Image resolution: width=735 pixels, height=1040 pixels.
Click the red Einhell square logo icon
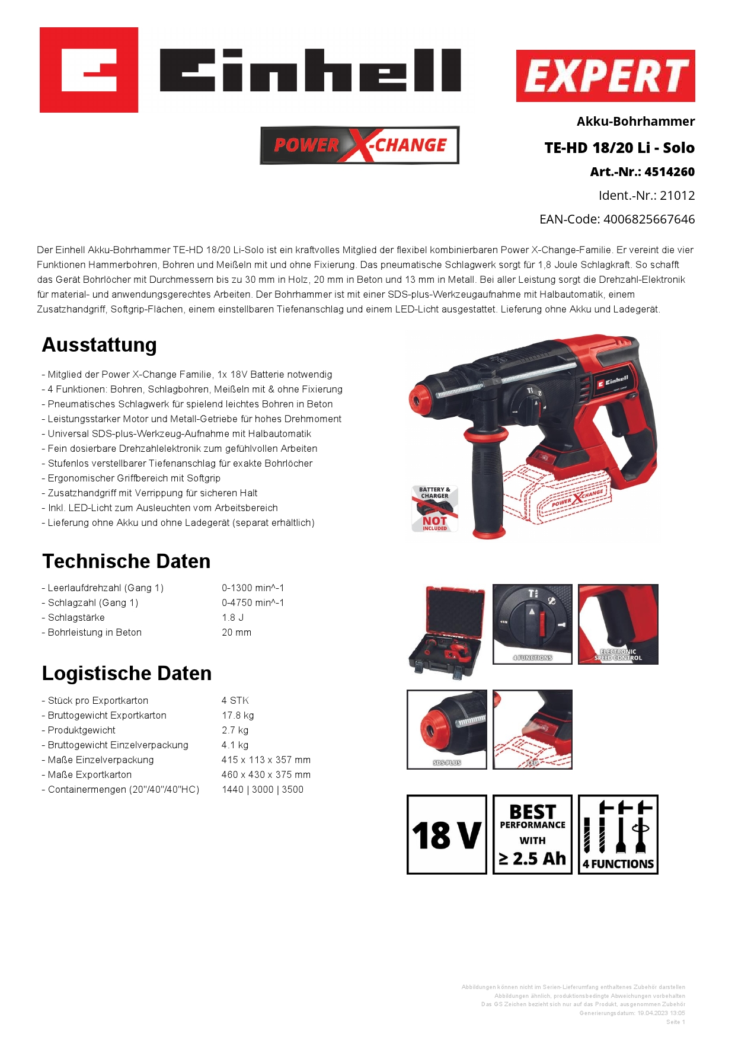pyautogui.click(x=89, y=70)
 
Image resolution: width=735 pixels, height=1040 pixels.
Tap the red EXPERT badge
pyautogui.click(x=605, y=76)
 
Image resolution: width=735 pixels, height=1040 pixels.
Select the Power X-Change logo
pyautogui.click(x=359, y=145)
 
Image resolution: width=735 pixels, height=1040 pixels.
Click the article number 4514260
pyautogui.click(x=669, y=172)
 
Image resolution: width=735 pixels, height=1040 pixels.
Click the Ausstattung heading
pyautogui.click(x=100, y=345)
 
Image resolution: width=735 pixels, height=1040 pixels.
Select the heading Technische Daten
pyautogui.click(x=126, y=561)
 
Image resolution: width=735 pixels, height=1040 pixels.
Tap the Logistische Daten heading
pyautogui.click(x=127, y=674)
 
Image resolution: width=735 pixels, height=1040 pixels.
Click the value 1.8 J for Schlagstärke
pyautogui.click(x=233, y=618)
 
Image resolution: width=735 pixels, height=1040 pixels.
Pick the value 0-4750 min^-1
pyautogui.click(x=253, y=603)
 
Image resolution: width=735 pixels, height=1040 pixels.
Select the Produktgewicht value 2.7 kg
pyautogui.click(x=235, y=730)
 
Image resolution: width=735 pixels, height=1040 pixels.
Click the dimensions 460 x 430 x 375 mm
pyautogui.click(x=266, y=775)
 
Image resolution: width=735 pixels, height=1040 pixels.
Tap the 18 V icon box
pyautogui.click(x=446, y=834)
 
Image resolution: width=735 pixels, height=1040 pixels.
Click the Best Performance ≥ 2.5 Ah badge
pyautogui.click(x=532, y=834)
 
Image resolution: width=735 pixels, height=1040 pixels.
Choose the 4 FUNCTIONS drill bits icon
pyautogui.click(x=618, y=834)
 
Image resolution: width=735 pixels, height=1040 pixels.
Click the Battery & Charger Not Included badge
pyautogui.click(x=435, y=509)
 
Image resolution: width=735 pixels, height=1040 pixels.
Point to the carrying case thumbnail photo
pyautogui.click(x=446, y=631)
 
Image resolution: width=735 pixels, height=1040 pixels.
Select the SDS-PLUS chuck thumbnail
pyautogui.click(x=447, y=729)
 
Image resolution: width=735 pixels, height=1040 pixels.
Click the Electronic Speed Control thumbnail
pyautogui.click(x=618, y=624)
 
